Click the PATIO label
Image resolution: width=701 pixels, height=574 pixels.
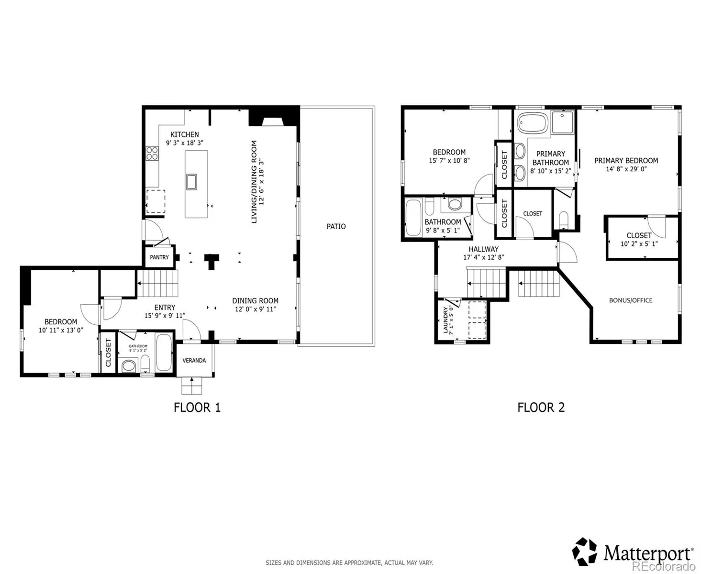click(x=336, y=226)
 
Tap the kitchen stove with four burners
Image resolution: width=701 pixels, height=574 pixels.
click(x=152, y=153)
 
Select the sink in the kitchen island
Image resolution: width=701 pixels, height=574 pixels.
click(x=191, y=181)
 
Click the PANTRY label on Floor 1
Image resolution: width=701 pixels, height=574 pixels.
click(x=159, y=257)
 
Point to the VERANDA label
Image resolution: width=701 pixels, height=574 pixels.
click(x=194, y=360)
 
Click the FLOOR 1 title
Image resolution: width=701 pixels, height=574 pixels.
click(x=197, y=408)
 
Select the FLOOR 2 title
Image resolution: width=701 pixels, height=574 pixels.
click(x=541, y=408)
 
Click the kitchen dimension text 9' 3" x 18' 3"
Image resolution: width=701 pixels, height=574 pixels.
click(x=185, y=143)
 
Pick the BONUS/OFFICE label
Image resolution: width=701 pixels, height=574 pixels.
click(x=631, y=300)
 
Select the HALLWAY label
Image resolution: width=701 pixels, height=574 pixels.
click(x=484, y=249)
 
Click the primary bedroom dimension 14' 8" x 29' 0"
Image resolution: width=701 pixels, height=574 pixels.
click(x=626, y=169)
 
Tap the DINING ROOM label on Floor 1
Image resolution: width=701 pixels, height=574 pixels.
click(x=255, y=301)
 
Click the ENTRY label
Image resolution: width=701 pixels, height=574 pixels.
click(x=165, y=308)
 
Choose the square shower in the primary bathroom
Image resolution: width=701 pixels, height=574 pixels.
click(x=562, y=122)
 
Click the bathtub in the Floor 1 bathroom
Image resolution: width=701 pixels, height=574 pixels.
click(x=164, y=353)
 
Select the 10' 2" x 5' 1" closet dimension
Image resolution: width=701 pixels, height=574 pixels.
click(x=639, y=243)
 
